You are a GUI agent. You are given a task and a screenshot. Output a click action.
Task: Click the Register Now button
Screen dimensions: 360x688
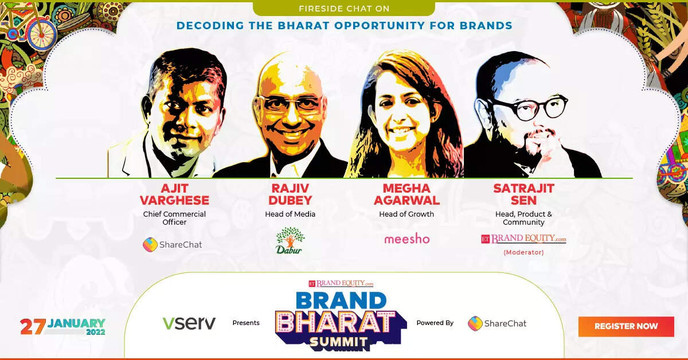point(626,326)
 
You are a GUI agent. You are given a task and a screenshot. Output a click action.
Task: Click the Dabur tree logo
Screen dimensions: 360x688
point(290,240)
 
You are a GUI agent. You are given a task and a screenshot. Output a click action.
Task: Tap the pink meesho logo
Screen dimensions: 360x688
point(406,238)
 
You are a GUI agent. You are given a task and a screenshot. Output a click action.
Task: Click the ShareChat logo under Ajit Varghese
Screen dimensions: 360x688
point(173,244)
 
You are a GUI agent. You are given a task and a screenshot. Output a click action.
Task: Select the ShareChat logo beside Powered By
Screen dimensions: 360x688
point(497,323)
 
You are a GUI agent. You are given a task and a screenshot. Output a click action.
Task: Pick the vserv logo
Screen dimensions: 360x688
point(189,323)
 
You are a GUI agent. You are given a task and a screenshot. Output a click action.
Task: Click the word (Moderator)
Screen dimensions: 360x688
point(523,252)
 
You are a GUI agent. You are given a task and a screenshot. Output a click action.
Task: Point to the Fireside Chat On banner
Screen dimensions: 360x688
point(344,9)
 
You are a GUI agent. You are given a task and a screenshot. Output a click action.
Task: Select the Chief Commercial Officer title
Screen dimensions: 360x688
point(174,218)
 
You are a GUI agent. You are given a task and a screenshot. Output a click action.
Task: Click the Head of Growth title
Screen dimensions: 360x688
point(406,214)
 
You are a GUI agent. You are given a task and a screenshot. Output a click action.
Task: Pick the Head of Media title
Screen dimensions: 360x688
point(290,214)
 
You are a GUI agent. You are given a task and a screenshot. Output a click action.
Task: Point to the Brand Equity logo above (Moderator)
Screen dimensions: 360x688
point(523,239)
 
